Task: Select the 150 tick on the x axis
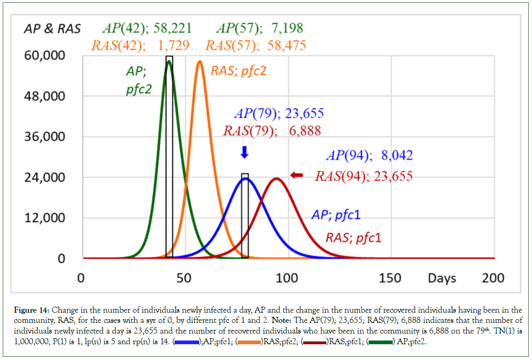point(390,278)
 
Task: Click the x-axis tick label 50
point(184,278)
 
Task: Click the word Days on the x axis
point(441,278)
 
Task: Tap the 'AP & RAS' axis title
point(52,29)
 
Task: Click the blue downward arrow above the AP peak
point(245,152)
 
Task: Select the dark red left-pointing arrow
point(297,175)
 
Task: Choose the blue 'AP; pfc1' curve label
point(336,214)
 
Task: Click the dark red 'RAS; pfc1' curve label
point(353,238)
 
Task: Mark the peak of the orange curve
point(200,61)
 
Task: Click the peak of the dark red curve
point(277,178)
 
